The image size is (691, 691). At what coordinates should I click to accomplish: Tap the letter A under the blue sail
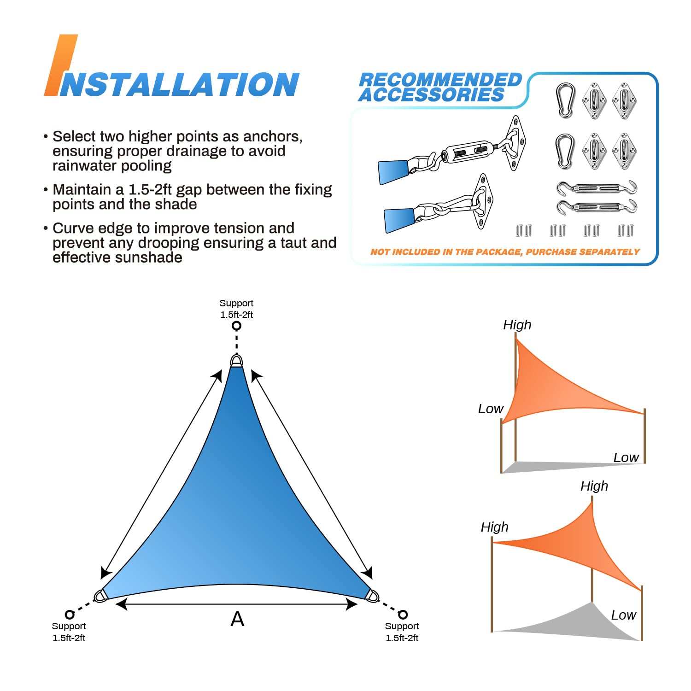click(237, 619)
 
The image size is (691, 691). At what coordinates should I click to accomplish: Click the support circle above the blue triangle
click(236, 326)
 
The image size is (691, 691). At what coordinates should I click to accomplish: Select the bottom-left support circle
click(70, 615)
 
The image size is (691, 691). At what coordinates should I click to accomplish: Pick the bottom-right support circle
click(403, 615)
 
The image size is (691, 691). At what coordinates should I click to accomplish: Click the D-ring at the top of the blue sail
click(236, 361)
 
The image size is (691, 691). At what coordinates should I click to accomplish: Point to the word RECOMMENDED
click(440, 80)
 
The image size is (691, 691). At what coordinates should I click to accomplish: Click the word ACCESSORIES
click(432, 95)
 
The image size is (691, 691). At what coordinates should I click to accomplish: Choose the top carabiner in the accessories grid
click(565, 100)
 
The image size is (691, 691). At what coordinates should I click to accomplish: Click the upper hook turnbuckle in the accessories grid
click(597, 188)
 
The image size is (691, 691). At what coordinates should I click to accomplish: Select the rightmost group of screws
click(626, 230)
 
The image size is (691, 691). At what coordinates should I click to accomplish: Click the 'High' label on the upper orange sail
click(517, 325)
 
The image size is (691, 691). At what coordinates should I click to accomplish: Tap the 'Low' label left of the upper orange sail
click(490, 409)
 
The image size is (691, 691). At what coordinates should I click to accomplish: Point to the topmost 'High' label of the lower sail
click(594, 486)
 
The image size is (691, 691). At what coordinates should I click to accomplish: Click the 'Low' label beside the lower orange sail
click(623, 615)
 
